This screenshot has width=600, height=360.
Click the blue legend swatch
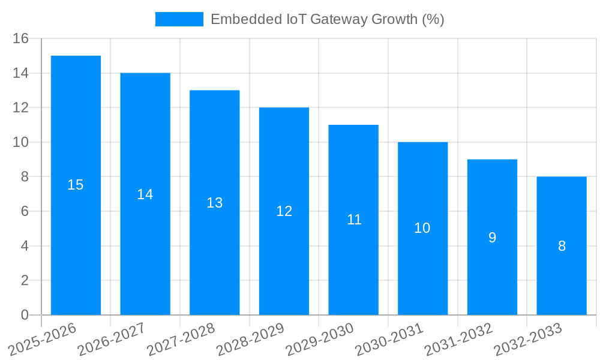(179, 19)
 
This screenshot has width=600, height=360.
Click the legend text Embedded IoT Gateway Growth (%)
(327, 19)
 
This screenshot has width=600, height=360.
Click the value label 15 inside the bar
(76, 185)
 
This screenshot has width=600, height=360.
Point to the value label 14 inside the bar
(145, 194)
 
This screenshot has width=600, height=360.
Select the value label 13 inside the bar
(214, 203)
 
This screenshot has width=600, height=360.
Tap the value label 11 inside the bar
(354, 220)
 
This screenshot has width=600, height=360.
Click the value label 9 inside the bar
(492, 238)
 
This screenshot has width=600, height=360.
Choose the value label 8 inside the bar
(562, 246)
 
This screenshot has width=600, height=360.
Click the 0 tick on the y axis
(25, 315)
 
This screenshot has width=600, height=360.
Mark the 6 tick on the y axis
(25, 211)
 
